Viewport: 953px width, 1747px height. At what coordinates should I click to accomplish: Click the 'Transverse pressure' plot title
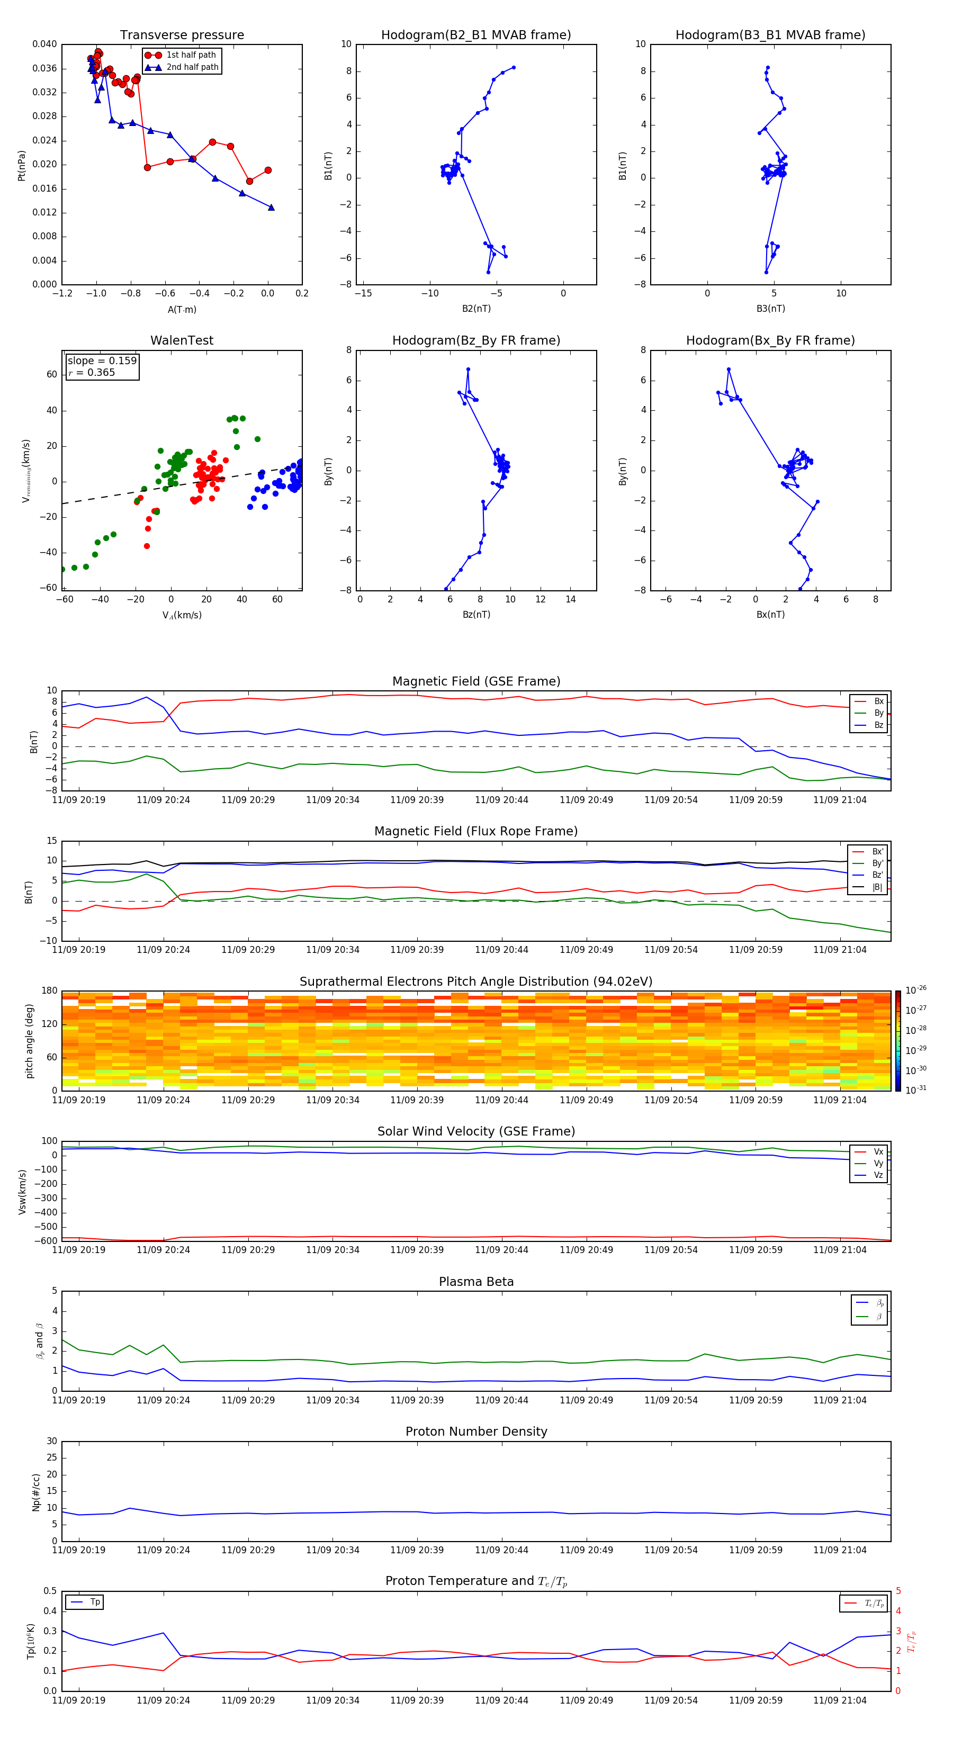[182, 35]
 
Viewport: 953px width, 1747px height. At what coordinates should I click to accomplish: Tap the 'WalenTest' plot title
[182, 340]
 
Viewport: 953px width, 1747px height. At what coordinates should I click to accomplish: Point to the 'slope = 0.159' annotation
[102, 361]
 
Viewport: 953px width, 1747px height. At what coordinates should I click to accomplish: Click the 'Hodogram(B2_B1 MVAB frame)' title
[475, 35]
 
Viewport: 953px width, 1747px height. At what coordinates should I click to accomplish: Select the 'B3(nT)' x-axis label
[770, 309]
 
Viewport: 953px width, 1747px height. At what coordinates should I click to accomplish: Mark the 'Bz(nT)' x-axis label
[476, 615]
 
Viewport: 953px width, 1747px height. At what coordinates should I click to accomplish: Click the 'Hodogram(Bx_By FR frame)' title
[770, 340]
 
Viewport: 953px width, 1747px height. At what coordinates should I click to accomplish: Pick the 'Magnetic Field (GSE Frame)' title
[476, 681]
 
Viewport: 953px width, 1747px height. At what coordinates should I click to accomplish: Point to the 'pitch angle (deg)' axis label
[30, 1040]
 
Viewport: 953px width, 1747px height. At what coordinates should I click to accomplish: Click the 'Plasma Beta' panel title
[476, 1282]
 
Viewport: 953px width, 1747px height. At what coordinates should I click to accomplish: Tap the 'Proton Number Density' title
[476, 1431]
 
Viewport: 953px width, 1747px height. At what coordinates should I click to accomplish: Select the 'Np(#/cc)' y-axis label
[36, 1492]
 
